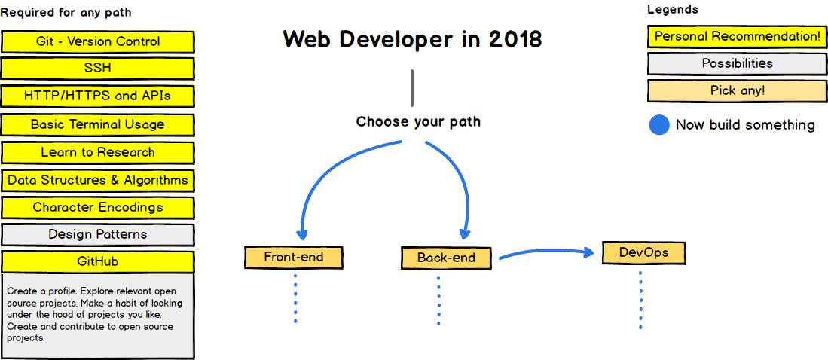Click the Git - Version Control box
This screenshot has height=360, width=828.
(98, 41)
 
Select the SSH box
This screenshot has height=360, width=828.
(98, 69)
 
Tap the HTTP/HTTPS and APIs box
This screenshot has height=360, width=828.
(98, 96)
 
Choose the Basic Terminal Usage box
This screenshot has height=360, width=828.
(98, 124)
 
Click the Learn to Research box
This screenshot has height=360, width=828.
(98, 152)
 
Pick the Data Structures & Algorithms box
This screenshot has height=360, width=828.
(98, 180)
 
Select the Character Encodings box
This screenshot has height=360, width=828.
(98, 207)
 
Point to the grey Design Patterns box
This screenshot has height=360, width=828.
(98, 234)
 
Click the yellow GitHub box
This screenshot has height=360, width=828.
(98, 261)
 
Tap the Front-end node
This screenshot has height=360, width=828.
(294, 257)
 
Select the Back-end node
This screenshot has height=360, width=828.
(447, 258)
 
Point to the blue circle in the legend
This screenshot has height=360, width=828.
(659, 125)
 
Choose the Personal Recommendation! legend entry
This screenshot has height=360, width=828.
(737, 36)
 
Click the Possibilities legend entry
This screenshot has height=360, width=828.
(737, 63)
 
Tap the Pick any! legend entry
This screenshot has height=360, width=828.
(737, 91)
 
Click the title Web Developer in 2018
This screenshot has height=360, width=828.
(412, 39)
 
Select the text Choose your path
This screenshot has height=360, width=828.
(418, 121)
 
